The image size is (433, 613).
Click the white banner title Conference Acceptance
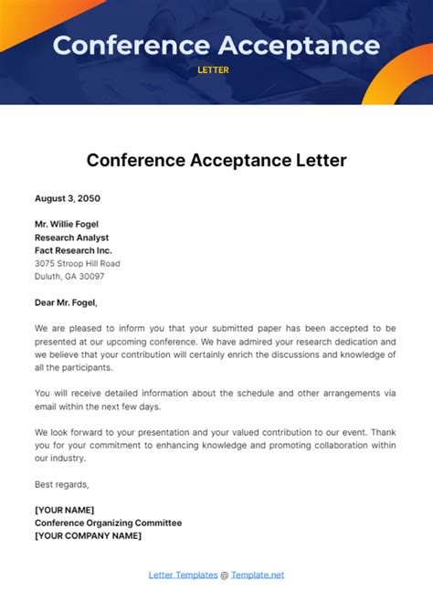[x=216, y=45]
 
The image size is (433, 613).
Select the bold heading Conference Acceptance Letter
[x=216, y=161]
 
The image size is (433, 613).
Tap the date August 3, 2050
[x=68, y=198]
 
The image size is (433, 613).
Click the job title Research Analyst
[x=72, y=238]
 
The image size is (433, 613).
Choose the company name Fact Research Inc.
[x=73, y=250]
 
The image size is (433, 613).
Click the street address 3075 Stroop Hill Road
[x=78, y=263]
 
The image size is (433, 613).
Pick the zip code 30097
[x=91, y=276]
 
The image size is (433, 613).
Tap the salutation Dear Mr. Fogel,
[x=66, y=302]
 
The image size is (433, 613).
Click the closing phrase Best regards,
[x=62, y=484]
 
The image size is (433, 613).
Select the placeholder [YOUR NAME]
[x=64, y=510]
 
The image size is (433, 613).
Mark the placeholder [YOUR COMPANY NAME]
[x=88, y=535]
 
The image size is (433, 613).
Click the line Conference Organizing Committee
[x=108, y=523]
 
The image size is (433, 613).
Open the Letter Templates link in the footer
[x=183, y=575]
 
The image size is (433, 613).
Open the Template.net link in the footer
[x=258, y=575]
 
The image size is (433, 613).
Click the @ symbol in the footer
[x=224, y=575]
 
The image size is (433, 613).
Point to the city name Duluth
[x=49, y=276]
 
